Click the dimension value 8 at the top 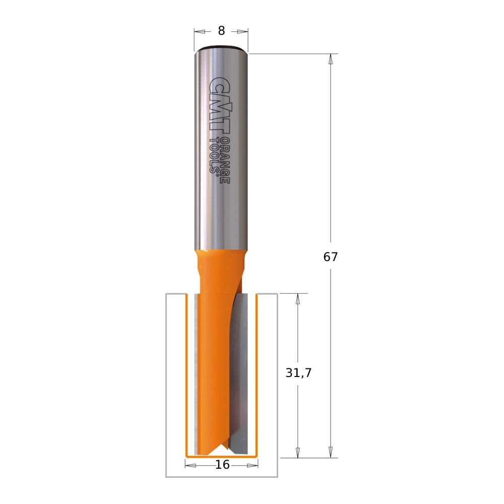coord(221,31)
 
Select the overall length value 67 coord(331,257)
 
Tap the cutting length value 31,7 coord(299,373)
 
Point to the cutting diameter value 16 coord(222,465)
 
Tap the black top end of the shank coord(221,49)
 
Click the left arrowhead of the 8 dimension coord(198,31)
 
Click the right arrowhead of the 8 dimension coord(245,31)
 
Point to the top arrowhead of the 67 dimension coord(331,58)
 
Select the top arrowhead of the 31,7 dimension coord(298,298)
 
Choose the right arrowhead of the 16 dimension coord(255,465)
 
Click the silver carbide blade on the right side coord(241,373)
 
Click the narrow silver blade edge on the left coord(196,373)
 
